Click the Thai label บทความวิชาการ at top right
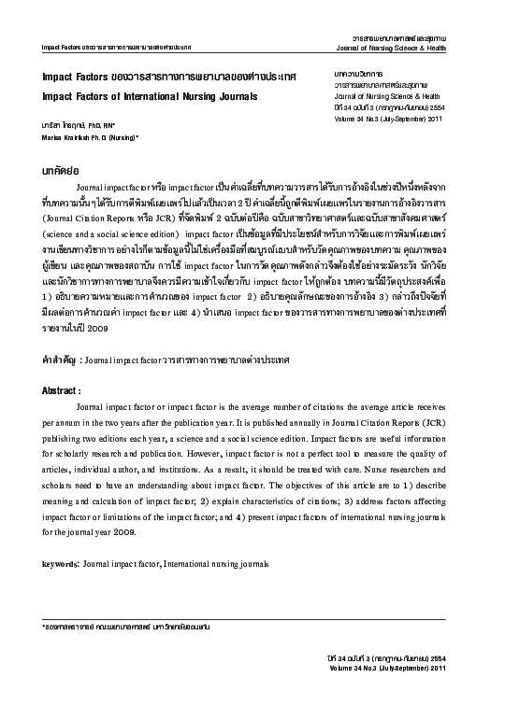[356, 71]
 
